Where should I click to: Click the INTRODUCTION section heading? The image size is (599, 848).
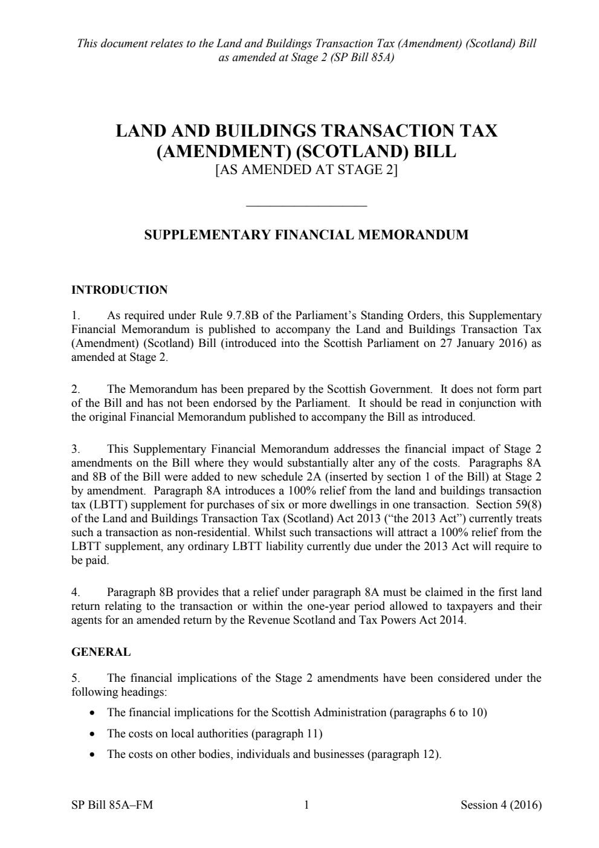[x=119, y=290]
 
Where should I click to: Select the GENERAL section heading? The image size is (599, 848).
[x=100, y=652]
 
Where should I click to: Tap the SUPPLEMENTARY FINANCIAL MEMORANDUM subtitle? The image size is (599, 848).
[x=306, y=235]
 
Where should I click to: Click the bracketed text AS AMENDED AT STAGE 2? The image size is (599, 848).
[x=306, y=170]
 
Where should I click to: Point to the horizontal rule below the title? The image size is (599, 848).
[x=306, y=206]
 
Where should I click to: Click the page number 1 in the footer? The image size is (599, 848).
[x=306, y=804]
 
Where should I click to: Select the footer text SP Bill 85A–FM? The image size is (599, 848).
[x=112, y=804]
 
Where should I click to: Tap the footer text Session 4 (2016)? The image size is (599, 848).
[x=500, y=804]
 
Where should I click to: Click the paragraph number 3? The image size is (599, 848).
[x=75, y=449]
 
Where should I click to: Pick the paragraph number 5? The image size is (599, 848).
[x=75, y=678]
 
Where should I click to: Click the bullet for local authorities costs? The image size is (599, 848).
[x=92, y=734]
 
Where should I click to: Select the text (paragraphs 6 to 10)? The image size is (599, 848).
[x=438, y=712]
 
